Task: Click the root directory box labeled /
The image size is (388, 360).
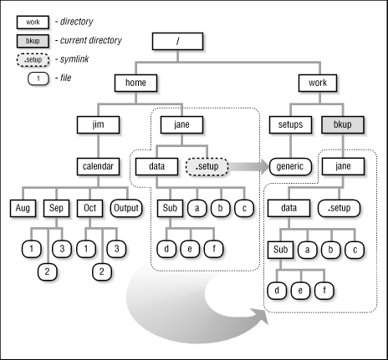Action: click(177, 42)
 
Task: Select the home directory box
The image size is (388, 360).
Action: click(136, 84)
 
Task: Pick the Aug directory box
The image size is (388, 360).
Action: click(24, 206)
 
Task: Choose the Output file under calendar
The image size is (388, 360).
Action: click(125, 206)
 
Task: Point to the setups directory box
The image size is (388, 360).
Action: click(290, 124)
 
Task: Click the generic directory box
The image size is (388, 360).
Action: click(290, 165)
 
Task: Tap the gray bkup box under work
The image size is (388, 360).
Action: click(340, 124)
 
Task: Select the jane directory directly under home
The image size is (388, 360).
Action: click(177, 124)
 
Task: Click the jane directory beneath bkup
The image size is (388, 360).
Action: click(340, 165)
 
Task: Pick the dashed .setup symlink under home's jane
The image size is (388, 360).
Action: click(205, 165)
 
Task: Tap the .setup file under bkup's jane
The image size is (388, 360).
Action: click(340, 207)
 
